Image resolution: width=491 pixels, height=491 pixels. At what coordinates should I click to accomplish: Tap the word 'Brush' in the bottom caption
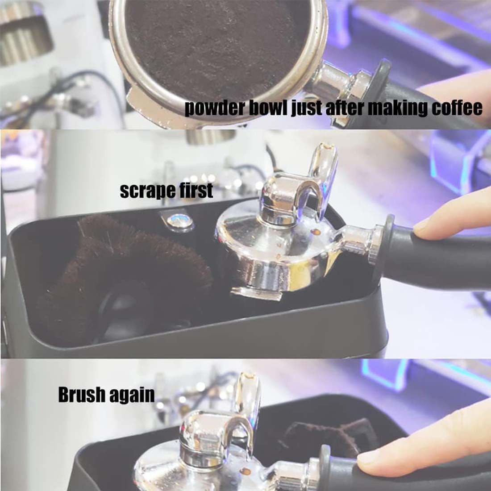point(83,395)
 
